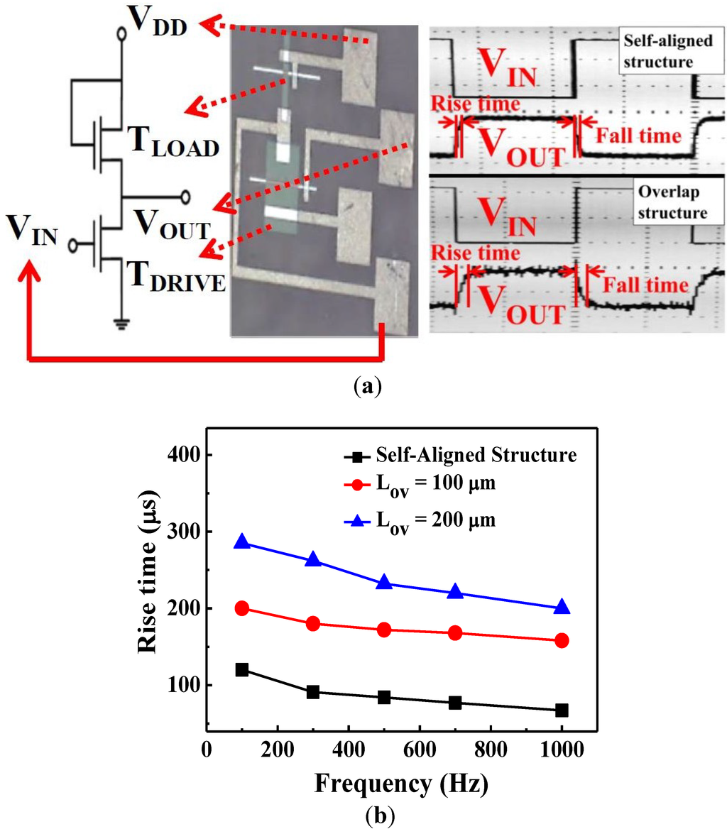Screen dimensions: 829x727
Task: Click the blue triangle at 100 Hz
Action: tap(242, 542)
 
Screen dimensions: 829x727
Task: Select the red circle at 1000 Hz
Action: tap(562, 640)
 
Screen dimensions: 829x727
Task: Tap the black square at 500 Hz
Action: tap(384, 697)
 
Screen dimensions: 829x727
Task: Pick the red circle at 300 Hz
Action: tap(313, 624)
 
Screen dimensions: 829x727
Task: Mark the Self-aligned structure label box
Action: tap(661, 51)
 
